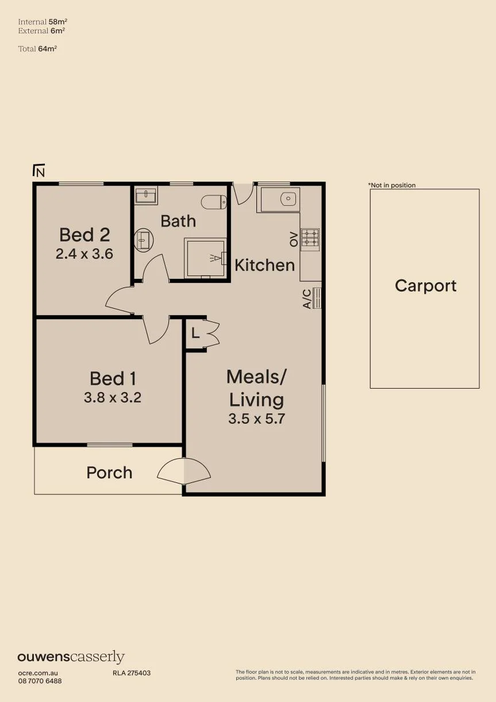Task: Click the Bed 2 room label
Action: [84, 235]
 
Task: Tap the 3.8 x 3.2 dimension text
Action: [113, 398]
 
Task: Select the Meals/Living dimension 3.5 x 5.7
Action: [256, 419]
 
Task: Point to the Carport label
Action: [425, 286]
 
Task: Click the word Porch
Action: [109, 473]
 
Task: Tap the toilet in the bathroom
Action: [214, 202]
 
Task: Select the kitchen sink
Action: [288, 199]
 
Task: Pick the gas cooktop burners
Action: [310, 237]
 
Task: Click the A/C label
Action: [307, 299]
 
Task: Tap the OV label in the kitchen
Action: [294, 239]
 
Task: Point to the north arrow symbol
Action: [39, 170]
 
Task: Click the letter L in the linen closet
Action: [195, 333]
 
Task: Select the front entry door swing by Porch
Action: [184, 471]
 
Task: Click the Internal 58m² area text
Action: [43, 22]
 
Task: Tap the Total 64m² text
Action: [37, 48]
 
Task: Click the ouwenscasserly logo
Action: [71, 657]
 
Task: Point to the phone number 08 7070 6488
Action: [40, 681]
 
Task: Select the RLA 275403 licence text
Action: [132, 673]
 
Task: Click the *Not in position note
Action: [392, 185]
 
